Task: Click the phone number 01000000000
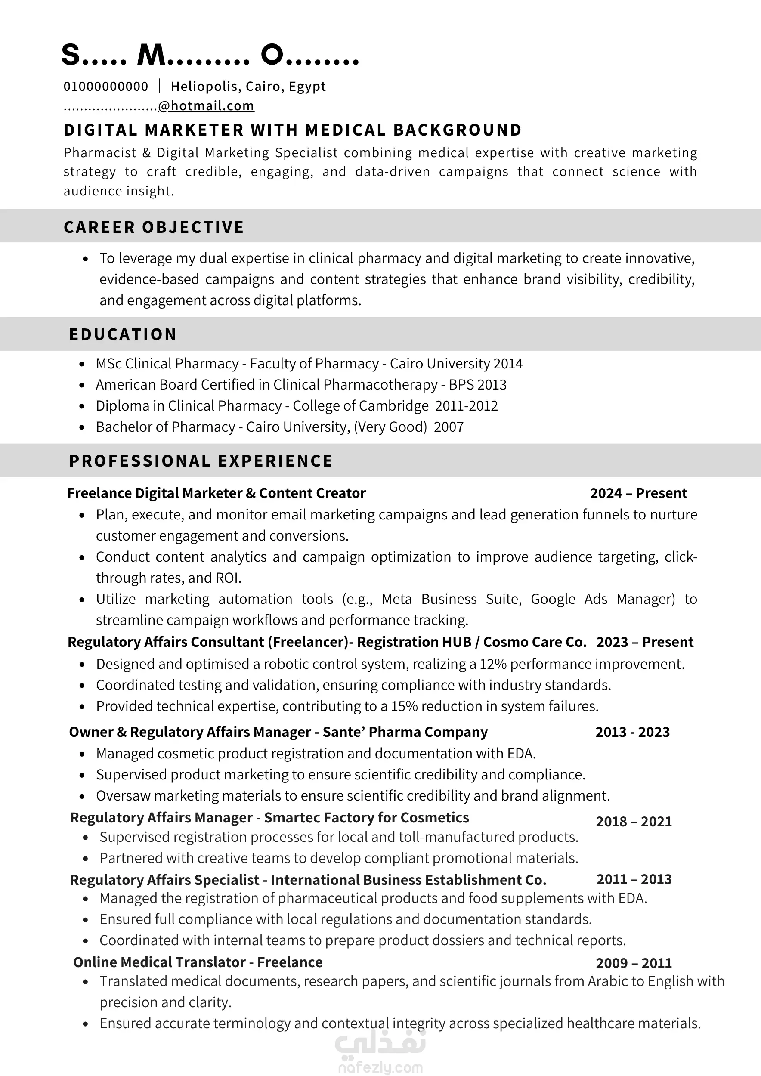tap(106, 87)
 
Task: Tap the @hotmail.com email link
tap(206, 106)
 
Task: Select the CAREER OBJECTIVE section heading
tap(154, 227)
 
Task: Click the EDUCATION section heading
tap(123, 334)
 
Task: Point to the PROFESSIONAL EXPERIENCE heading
tap(201, 461)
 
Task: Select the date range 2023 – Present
tap(645, 642)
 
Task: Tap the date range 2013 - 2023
tap(632, 732)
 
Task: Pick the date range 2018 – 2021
tap(634, 822)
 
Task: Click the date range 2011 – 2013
tap(634, 879)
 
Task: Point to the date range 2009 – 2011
tap(634, 963)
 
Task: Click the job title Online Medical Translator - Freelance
tap(198, 962)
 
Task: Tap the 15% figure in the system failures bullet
tap(404, 706)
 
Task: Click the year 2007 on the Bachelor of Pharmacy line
tap(449, 427)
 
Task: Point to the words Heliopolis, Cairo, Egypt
tap(248, 87)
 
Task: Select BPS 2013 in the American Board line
tap(477, 385)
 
